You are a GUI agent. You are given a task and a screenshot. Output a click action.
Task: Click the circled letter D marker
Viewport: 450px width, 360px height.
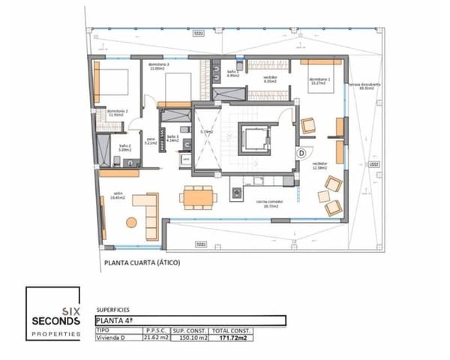click(301, 152)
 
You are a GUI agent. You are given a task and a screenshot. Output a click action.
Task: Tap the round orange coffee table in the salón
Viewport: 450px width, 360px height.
click(132, 221)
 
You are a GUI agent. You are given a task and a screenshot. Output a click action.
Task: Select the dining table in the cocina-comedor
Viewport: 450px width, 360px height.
click(198, 196)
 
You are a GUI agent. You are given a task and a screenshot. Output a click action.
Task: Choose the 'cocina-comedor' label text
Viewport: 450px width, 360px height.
click(268, 202)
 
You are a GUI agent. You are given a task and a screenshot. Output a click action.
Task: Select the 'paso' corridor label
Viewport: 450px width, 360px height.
click(150, 140)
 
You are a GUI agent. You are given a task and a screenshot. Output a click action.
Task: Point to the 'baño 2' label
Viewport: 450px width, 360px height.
click(124, 148)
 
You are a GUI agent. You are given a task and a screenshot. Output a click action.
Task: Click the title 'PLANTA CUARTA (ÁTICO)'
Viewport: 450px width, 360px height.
click(142, 263)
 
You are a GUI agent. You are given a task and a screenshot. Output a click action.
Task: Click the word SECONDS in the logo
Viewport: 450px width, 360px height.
click(54, 321)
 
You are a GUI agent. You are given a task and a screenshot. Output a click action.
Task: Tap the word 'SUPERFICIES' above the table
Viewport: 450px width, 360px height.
click(114, 309)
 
